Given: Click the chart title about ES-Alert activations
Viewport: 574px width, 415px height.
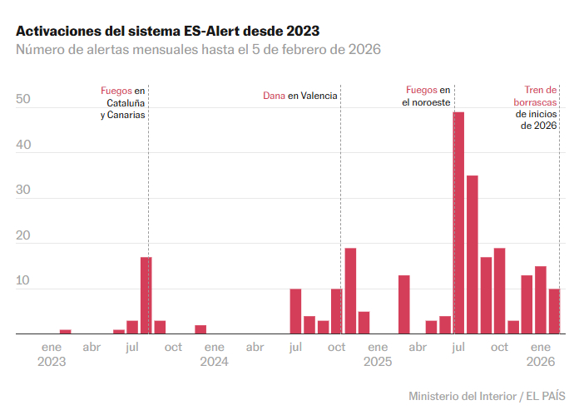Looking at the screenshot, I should [167, 30].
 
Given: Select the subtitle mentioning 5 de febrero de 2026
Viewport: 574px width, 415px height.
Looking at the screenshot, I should [198, 50].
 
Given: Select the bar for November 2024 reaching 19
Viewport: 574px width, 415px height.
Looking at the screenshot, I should [350, 291].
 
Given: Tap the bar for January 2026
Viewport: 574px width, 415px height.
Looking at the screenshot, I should [541, 300].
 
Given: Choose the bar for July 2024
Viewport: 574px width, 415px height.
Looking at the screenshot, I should [295, 311].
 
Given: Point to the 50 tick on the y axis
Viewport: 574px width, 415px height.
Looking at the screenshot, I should [23, 100].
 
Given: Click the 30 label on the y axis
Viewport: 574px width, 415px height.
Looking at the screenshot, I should [23, 190].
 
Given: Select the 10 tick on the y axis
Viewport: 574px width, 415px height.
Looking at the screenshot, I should [23, 281].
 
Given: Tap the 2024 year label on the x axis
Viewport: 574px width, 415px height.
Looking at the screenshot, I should [214, 362].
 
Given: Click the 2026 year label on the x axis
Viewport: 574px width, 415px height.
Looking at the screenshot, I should [541, 362].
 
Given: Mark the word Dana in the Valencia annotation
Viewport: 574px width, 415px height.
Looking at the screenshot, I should [274, 96].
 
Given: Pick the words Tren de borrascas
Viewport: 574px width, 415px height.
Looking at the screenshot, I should [536, 96].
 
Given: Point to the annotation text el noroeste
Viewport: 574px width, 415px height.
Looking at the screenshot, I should [425, 102].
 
